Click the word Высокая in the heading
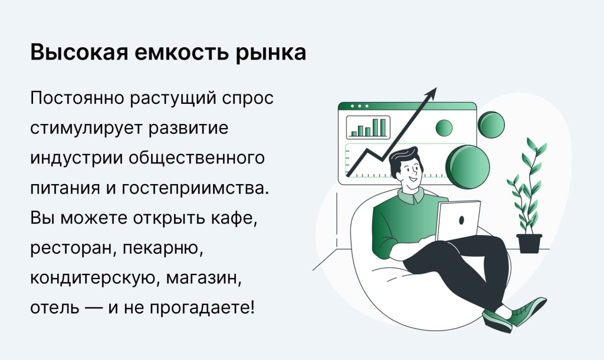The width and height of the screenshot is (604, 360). click(x=79, y=53)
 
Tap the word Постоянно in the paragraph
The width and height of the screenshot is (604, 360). click(x=77, y=98)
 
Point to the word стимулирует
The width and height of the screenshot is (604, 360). click(x=87, y=129)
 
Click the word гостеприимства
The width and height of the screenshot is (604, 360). click(x=195, y=188)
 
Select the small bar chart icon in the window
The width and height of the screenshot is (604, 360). click(x=368, y=127)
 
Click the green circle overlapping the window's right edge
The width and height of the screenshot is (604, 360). click(x=491, y=125)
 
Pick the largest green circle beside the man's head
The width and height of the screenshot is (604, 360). click(x=468, y=167)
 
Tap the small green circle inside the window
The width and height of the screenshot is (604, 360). click(x=444, y=127)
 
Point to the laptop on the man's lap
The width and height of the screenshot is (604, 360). click(x=458, y=221)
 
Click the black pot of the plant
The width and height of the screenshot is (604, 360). click(x=529, y=243)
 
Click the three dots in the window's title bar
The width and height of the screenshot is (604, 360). click(x=359, y=106)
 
